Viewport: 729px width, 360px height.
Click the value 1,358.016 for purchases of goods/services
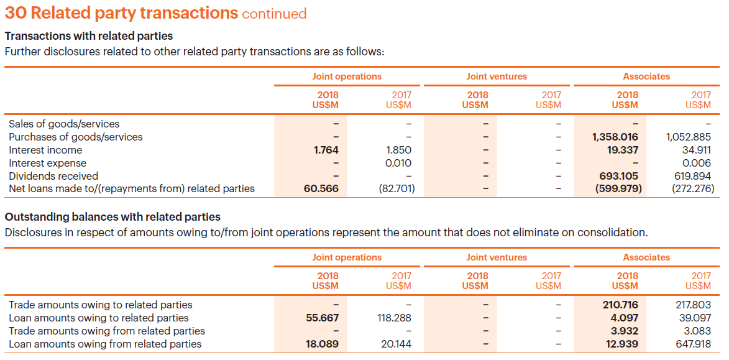point(615,137)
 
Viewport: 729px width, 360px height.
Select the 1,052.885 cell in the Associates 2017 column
point(688,137)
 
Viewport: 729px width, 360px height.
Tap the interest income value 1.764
point(322,150)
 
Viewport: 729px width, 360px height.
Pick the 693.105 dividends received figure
point(619,176)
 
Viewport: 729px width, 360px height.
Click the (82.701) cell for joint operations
point(397,188)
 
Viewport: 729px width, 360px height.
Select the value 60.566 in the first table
point(321,188)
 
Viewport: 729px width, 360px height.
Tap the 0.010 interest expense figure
point(398,163)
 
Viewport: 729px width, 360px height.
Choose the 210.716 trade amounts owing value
point(620,305)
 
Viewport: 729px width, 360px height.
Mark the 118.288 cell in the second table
point(394,318)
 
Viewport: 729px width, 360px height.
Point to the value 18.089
point(322,344)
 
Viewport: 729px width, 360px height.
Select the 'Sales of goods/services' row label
point(64,124)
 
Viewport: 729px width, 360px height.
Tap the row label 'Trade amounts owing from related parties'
point(107,331)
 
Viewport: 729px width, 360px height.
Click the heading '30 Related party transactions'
point(121,12)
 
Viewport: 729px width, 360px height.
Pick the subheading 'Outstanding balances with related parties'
point(112,217)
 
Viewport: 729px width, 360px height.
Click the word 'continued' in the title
point(274,14)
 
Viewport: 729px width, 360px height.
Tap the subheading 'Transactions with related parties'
point(89,36)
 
